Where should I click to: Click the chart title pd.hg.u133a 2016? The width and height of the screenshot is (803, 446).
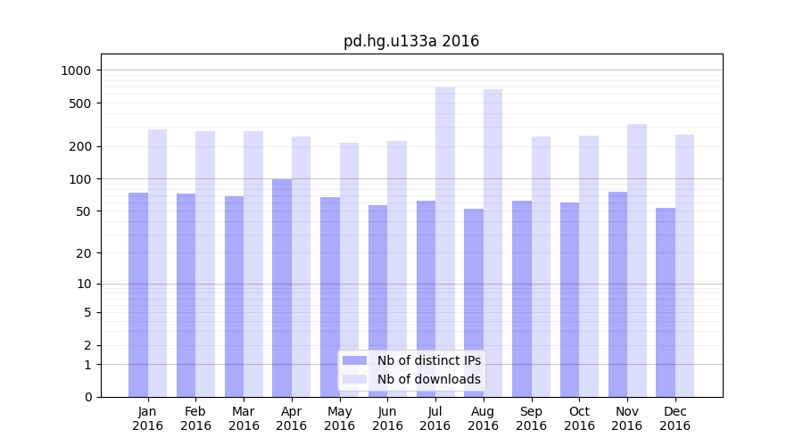(x=411, y=41)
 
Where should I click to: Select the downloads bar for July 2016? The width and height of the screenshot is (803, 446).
(x=445, y=241)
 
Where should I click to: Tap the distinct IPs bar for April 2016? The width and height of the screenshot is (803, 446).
(x=282, y=287)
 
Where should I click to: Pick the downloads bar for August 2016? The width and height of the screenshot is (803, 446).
(x=493, y=243)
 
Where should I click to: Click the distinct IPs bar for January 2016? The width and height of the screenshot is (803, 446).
(x=138, y=294)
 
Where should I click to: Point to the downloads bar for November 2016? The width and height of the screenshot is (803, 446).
(x=637, y=260)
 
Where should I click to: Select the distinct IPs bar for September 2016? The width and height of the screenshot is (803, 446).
(x=522, y=298)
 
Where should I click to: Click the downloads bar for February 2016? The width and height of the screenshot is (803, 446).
(x=205, y=264)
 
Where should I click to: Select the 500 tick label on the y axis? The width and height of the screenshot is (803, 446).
(x=82, y=103)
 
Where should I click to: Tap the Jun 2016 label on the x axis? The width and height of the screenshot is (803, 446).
(x=387, y=418)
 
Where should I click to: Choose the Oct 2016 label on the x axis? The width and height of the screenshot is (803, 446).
(x=579, y=418)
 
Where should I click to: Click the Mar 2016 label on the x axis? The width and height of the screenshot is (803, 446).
(x=244, y=418)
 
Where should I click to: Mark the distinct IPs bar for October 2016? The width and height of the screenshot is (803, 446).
(x=570, y=299)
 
